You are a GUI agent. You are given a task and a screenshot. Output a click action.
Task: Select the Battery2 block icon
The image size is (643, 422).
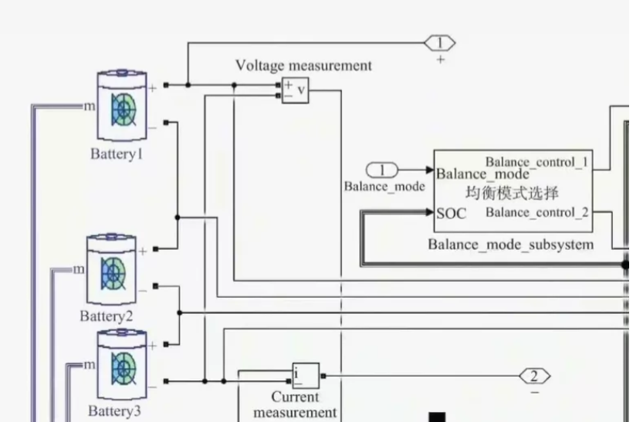[113, 272]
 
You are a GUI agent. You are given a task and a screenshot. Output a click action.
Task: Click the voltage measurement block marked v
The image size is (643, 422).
[295, 90]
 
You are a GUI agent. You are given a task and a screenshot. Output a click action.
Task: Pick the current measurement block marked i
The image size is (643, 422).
[306, 376]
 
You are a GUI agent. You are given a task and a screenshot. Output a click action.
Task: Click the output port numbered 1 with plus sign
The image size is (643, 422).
[440, 43]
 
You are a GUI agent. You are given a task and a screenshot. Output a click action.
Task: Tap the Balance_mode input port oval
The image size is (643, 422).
[382, 170]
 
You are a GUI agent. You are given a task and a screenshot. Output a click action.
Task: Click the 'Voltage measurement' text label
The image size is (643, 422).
[303, 66]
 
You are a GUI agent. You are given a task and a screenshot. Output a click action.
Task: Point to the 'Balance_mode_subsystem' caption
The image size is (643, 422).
[511, 245]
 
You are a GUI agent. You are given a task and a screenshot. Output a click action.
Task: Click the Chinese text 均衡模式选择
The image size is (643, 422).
[512, 192]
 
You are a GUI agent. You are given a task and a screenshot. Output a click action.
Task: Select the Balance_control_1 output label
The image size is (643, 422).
[536, 162]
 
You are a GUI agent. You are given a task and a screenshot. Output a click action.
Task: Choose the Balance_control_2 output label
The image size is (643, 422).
[536, 212]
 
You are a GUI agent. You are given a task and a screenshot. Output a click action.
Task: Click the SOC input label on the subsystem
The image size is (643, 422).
[452, 214]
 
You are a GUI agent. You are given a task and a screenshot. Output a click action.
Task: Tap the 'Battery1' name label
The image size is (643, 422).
[117, 154]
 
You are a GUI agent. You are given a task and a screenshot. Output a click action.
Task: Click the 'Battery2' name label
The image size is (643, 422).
[107, 316]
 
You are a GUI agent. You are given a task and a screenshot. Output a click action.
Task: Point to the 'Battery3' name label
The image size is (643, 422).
[114, 410]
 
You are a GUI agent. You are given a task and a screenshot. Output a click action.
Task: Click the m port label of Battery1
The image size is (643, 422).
[90, 106]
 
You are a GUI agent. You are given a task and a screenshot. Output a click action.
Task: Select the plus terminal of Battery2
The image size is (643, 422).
[142, 251]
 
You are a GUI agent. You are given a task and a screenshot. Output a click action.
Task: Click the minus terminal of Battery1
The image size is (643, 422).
[152, 125]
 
